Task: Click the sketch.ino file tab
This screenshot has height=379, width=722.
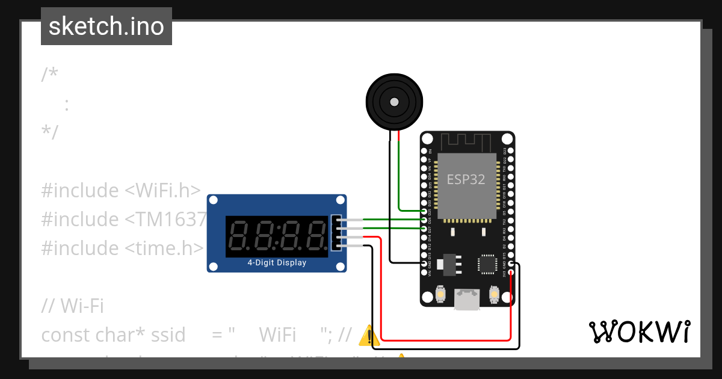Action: click(106, 26)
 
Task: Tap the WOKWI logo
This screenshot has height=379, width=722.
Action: click(639, 331)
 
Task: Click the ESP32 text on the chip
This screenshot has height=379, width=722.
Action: click(466, 179)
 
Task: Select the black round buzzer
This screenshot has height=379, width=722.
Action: click(394, 102)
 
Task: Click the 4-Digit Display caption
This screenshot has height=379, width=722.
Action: click(277, 263)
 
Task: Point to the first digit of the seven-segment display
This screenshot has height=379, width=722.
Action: click(241, 235)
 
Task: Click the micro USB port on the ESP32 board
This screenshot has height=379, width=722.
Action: click(467, 300)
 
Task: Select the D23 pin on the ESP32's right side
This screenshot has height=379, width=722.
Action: click(510, 150)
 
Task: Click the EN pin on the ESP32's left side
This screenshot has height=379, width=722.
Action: click(424, 150)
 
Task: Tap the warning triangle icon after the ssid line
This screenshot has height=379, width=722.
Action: click(368, 335)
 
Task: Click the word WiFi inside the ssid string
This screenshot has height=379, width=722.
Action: click(277, 334)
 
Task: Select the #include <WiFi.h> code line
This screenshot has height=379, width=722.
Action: click(120, 191)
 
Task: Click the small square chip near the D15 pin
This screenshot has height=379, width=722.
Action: click(486, 263)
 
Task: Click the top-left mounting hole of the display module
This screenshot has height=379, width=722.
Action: click(214, 201)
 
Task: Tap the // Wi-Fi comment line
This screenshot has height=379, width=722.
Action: click(72, 306)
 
